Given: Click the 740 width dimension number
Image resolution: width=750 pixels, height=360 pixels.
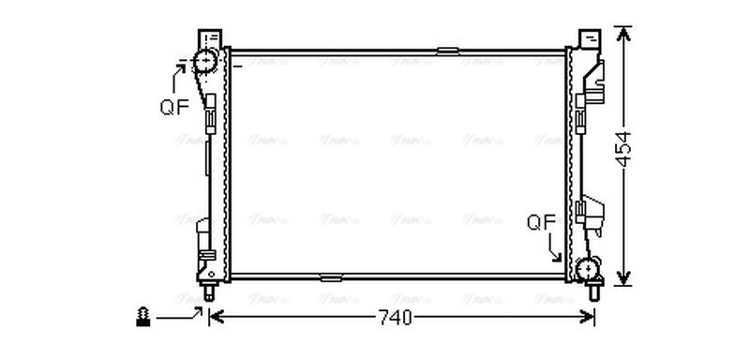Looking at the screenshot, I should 396,319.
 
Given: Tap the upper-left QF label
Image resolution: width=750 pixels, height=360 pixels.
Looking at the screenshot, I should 173,106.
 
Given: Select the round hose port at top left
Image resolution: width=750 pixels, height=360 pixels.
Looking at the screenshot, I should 205,64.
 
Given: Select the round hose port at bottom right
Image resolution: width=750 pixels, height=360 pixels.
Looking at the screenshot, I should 591,270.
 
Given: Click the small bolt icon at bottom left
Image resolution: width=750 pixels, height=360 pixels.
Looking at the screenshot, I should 143,317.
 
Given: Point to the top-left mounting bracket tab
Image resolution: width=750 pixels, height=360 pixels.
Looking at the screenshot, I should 210,38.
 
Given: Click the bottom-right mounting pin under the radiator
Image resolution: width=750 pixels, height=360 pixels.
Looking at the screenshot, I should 592,292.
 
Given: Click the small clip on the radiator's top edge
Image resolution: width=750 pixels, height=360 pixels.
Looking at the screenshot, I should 448,49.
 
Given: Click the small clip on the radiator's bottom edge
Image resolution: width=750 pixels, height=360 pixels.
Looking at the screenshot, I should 330,277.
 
